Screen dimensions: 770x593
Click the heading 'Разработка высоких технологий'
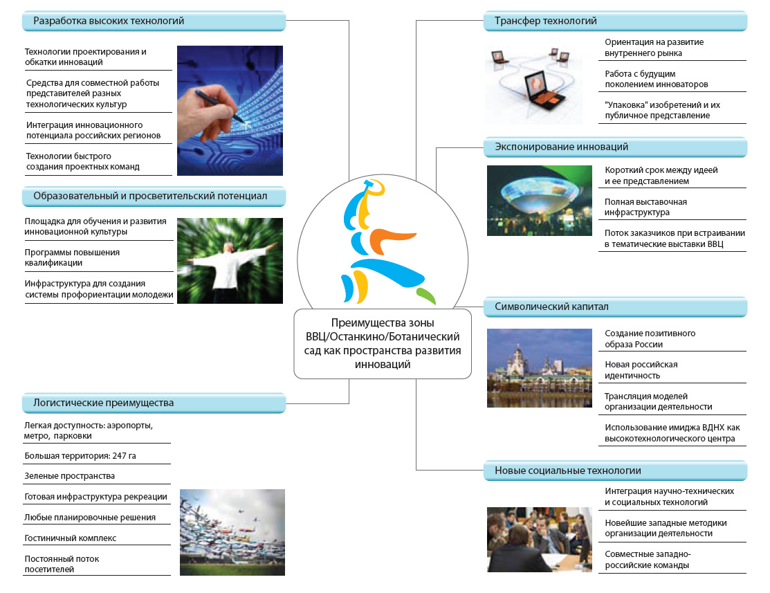point(109,21)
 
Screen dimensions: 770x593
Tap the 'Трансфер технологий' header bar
point(615,21)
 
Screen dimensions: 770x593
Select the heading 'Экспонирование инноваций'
point(561,147)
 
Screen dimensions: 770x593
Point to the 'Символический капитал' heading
point(551,307)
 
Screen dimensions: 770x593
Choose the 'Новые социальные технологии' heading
point(568,471)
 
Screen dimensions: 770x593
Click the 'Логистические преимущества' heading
point(103,403)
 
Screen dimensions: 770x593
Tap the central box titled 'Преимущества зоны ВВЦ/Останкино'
point(383,343)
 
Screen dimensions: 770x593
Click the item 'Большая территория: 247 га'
point(80,456)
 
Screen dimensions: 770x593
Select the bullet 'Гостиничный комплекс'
point(71,538)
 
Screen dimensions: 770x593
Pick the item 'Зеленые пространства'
point(69,476)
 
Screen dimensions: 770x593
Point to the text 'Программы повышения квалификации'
point(72,257)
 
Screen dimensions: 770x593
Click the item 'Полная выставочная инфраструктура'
point(645,207)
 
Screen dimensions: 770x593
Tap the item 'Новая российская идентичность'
point(641,370)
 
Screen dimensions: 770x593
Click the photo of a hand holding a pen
point(230,111)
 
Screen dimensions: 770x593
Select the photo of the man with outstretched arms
point(230,261)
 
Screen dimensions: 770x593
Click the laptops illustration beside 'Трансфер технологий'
point(533,84)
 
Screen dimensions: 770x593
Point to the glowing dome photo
point(539,201)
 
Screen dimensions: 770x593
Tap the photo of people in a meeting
point(539,540)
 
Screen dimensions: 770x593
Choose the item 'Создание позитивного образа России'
point(650,338)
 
